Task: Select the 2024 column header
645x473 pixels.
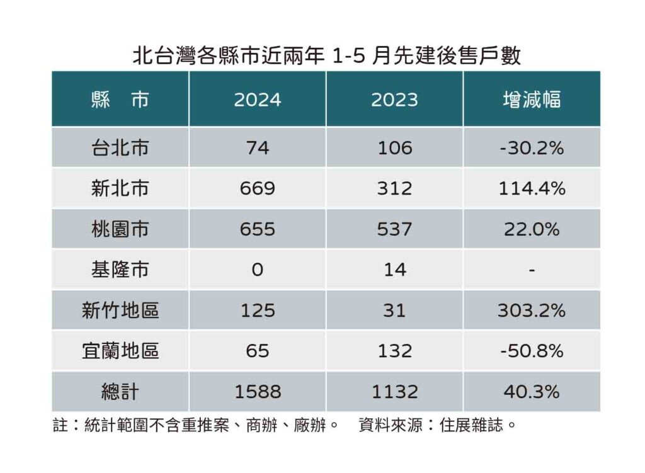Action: tap(257, 100)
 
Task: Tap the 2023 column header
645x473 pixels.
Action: tap(394, 100)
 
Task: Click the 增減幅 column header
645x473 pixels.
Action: tap(532, 100)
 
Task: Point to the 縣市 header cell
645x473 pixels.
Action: tap(120, 100)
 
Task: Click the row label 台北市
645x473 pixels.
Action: tap(120, 147)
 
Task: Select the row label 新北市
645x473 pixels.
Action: tap(120, 188)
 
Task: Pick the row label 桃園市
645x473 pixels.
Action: tap(120, 229)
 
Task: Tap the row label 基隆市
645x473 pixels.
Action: tap(120, 270)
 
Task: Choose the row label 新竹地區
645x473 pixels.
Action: tap(120, 311)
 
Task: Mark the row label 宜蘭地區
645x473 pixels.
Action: tap(120, 351)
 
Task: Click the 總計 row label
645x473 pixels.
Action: tap(120, 392)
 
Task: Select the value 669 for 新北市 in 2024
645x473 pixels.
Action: tap(257, 188)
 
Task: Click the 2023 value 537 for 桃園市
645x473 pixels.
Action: tap(394, 229)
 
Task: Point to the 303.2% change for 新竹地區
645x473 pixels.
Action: tap(532, 311)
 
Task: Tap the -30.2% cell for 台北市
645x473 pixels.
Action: tap(532, 147)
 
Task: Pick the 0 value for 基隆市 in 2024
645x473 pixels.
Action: tap(257, 270)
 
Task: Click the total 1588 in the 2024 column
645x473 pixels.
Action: tap(257, 392)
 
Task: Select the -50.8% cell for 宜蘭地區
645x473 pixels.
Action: tap(532, 351)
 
